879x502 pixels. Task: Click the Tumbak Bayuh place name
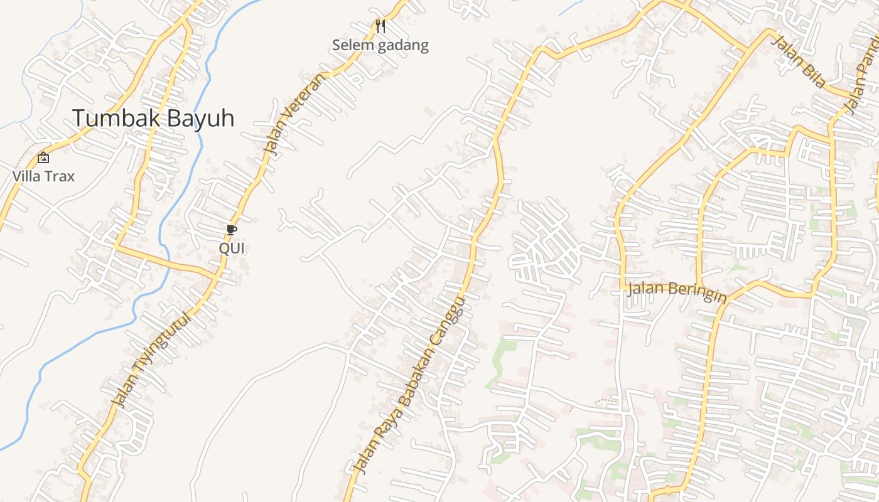[x=153, y=118]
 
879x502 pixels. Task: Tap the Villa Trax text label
[x=43, y=176]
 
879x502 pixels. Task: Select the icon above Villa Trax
[x=43, y=158]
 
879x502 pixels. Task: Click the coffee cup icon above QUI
[x=231, y=230]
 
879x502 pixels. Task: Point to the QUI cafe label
[x=231, y=248]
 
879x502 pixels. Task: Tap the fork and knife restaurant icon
[x=380, y=26]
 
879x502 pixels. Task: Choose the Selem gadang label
[x=380, y=45]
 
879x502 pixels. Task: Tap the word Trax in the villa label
[x=60, y=176]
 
